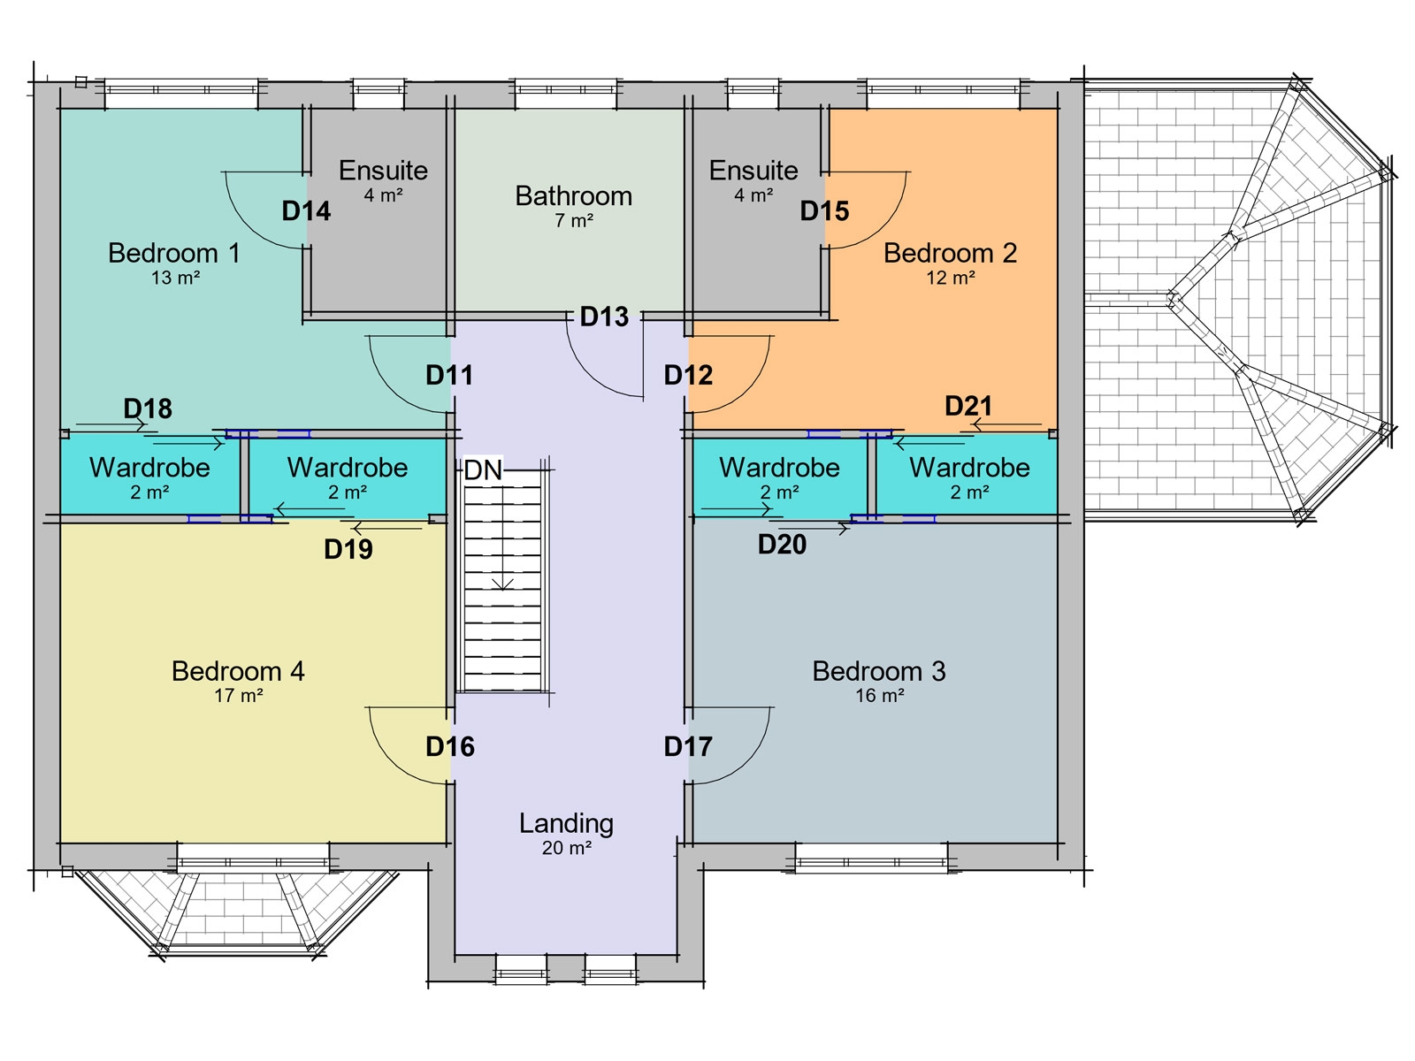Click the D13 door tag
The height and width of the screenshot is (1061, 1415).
604,317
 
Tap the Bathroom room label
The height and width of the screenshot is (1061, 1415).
573,196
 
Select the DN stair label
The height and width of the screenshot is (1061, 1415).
483,470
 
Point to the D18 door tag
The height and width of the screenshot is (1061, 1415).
148,408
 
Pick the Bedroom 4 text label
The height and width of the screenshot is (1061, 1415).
238,671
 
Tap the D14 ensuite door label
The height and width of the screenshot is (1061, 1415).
306,211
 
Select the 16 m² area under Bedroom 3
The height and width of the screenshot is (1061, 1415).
879,696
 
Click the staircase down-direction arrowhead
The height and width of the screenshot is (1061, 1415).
502,584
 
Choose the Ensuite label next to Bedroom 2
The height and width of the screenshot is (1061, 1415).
753,171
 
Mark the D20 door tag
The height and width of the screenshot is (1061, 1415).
782,545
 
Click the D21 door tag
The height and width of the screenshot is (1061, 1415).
968,406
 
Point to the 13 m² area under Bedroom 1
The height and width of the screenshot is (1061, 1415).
175,278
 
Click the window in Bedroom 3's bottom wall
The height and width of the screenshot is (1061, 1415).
871,858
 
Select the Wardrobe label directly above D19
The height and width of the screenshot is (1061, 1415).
348,468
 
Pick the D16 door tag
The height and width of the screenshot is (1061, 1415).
450,747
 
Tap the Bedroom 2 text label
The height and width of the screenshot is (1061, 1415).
950,254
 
